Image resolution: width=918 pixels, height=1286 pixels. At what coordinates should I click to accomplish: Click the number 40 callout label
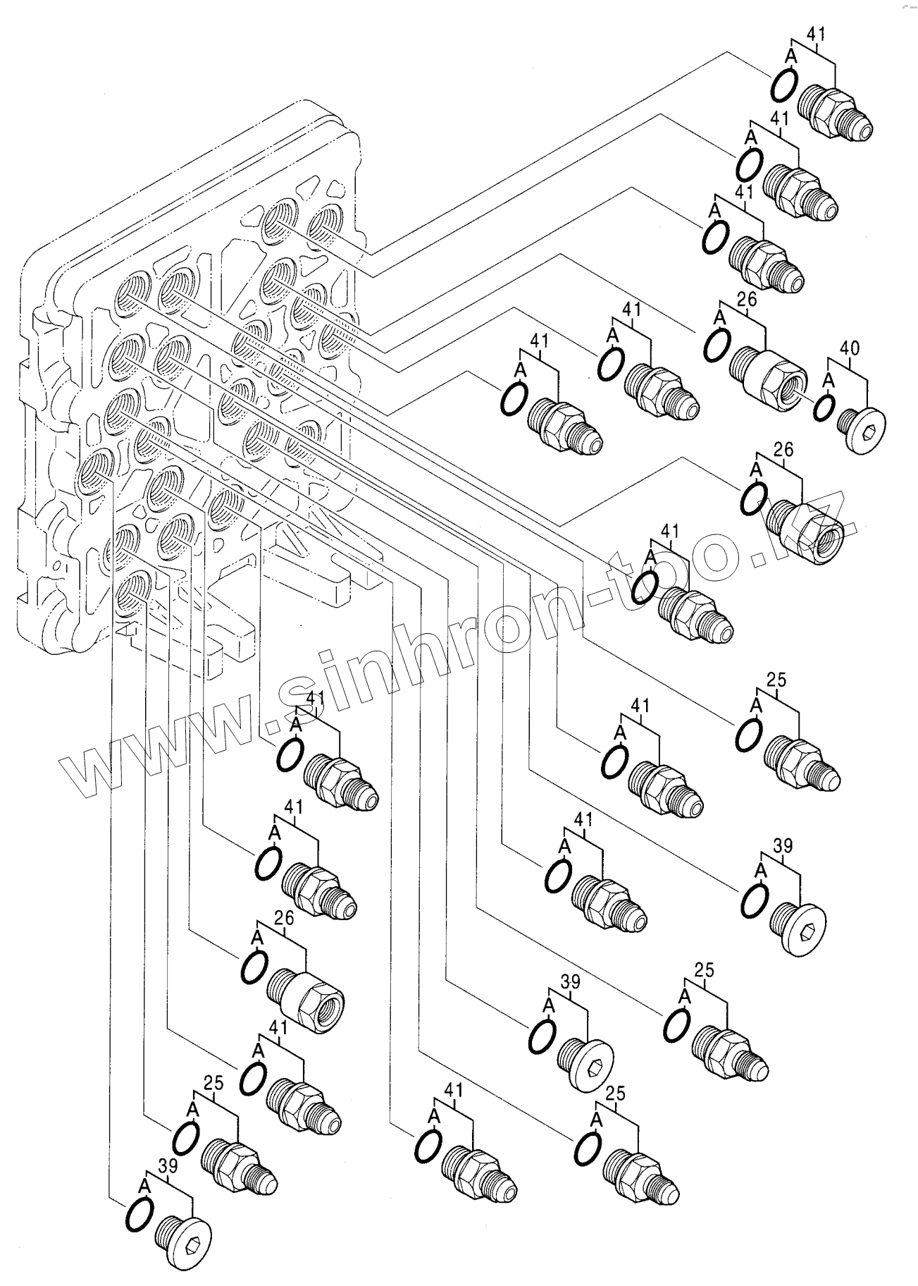click(x=850, y=348)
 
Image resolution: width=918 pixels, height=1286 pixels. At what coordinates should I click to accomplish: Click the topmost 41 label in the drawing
click(x=816, y=34)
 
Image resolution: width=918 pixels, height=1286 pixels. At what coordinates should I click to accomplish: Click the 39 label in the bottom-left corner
click(x=167, y=1167)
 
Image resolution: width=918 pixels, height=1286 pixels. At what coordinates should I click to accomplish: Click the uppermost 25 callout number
click(x=776, y=680)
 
